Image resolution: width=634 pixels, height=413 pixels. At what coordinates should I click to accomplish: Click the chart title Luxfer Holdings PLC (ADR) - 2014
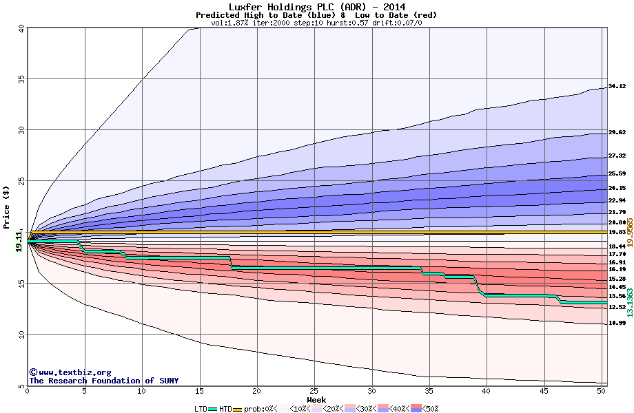pyautogui.click(x=316, y=7)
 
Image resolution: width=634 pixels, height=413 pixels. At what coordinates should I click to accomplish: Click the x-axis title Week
pyautogui.click(x=316, y=399)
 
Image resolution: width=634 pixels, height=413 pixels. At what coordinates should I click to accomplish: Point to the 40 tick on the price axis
pyautogui.click(x=21, y=28)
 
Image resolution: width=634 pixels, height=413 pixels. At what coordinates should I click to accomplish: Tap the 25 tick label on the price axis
pyautogui.click(x=21, y=181)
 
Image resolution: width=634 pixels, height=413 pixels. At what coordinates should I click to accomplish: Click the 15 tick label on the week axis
pyautogui.click(x=199, y=390)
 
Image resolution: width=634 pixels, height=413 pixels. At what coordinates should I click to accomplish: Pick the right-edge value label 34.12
pyautogui.click(x=617, y=87)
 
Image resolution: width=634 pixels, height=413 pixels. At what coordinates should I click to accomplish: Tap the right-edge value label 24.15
pyautogui.click(x=617, y=188)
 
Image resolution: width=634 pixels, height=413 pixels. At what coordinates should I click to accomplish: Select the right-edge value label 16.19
pyautogui.click(x=617, y=269)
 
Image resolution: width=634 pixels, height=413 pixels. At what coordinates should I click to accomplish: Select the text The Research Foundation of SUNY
pyautogui.click(x=103, y=381)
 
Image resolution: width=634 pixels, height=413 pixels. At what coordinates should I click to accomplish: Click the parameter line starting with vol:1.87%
pyautogui.click(x=316, y=23)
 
